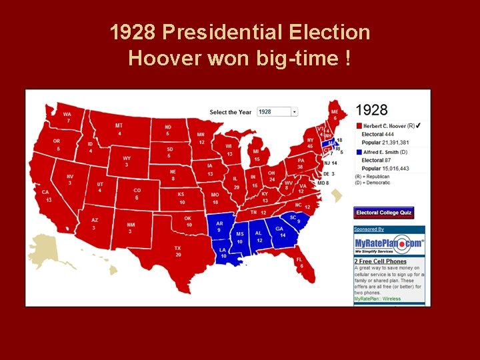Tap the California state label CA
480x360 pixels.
click(45, 192)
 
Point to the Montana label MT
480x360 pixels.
click(119, 126)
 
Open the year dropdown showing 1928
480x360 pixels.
click(277, 112)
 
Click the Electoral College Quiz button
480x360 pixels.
click(384, 213)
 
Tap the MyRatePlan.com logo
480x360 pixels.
click(389, 245)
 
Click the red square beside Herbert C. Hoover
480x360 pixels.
click(359, 125)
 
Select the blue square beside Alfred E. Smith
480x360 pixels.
click(359, 152)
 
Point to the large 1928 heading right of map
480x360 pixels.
click(371, 109)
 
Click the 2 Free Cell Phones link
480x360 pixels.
click(381, 261)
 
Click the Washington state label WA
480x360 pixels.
click(67, 114)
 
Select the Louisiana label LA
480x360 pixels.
click(223, 250)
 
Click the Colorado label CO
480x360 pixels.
click(137, 190)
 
